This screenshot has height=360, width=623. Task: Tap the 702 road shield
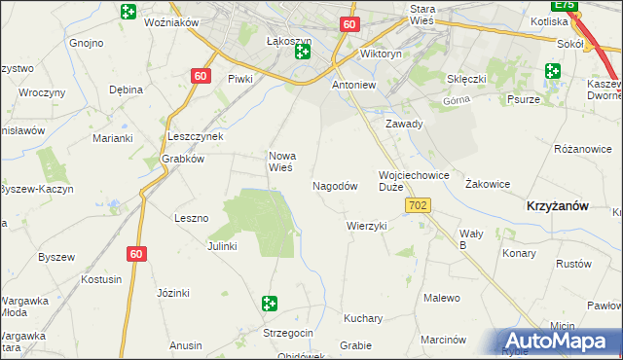(419, 205)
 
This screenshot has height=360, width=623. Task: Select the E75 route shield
(567, 6)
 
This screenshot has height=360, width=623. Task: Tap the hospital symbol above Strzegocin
(270, 305)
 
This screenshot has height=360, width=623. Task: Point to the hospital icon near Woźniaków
(128, 12)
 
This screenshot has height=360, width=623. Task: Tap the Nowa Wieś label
(282, 161)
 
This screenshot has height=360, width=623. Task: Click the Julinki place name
(222, 246)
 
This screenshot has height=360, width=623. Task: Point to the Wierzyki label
(367, 226)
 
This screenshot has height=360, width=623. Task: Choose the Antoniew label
(354, 85)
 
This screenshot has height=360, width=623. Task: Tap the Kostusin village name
(102, 279)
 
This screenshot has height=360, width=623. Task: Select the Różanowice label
(582, 149)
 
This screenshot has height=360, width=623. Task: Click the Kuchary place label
(363, 318)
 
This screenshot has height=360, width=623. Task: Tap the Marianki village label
(113, 138)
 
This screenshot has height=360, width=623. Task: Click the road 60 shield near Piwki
(200, 76)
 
